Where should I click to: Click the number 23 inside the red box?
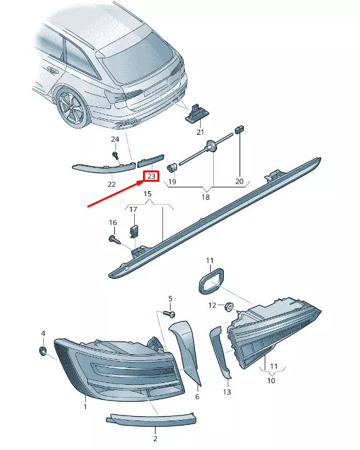tap(151, 176)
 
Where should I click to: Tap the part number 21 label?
tap(200, 132)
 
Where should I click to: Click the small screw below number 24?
tap(116, 155)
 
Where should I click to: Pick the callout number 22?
tap(112, 184)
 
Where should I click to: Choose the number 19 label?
tap(172, 182)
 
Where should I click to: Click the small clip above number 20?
tap(239, 130)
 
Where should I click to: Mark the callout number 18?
tap(205, 197)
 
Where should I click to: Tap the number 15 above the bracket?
tap(148, 195)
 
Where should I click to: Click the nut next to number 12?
tap(229, 307)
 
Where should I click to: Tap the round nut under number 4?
tap(43, 350)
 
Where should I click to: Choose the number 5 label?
tap(170, 298)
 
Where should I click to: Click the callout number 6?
tap(196, 397)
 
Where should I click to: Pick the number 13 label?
tap(227, 392)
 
